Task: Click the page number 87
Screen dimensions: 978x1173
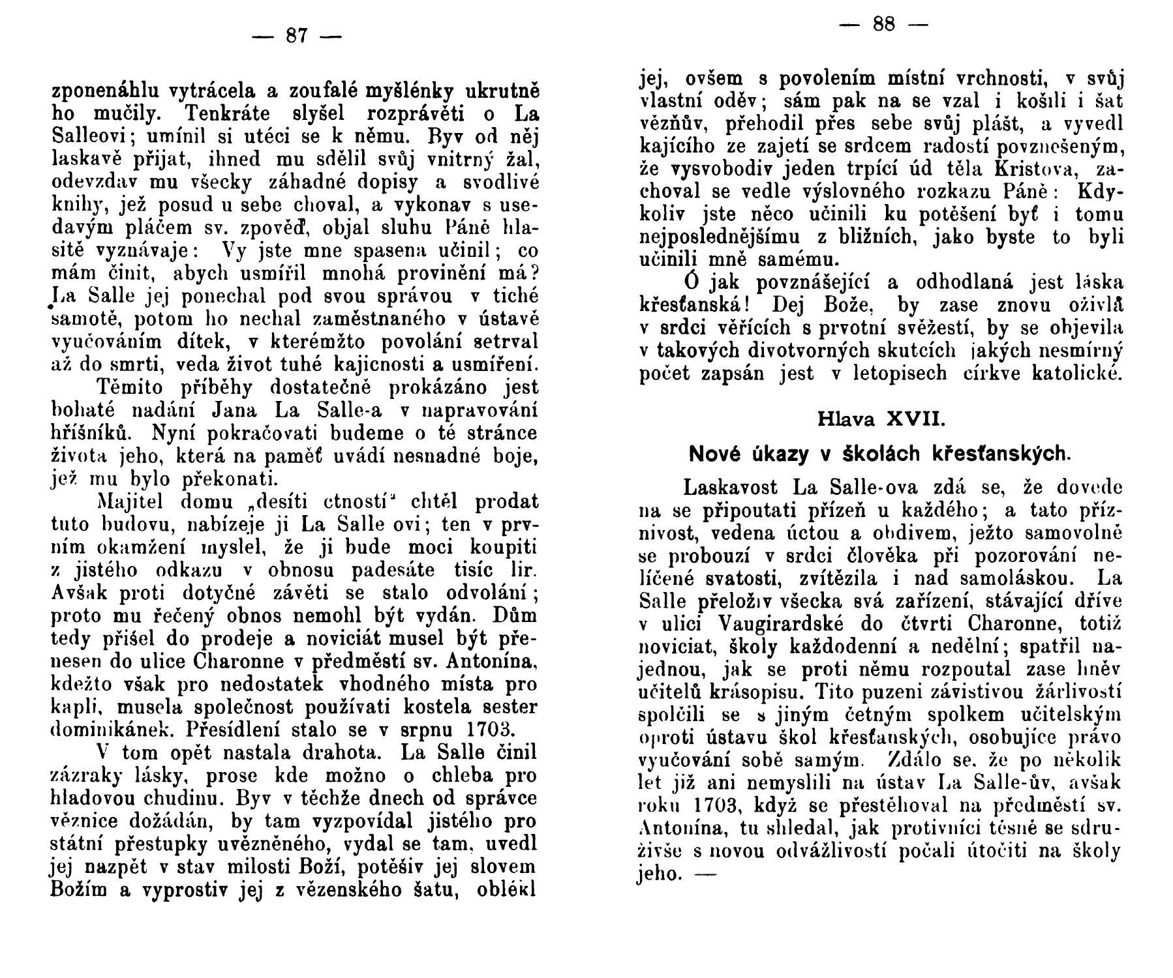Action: (296, 35)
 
